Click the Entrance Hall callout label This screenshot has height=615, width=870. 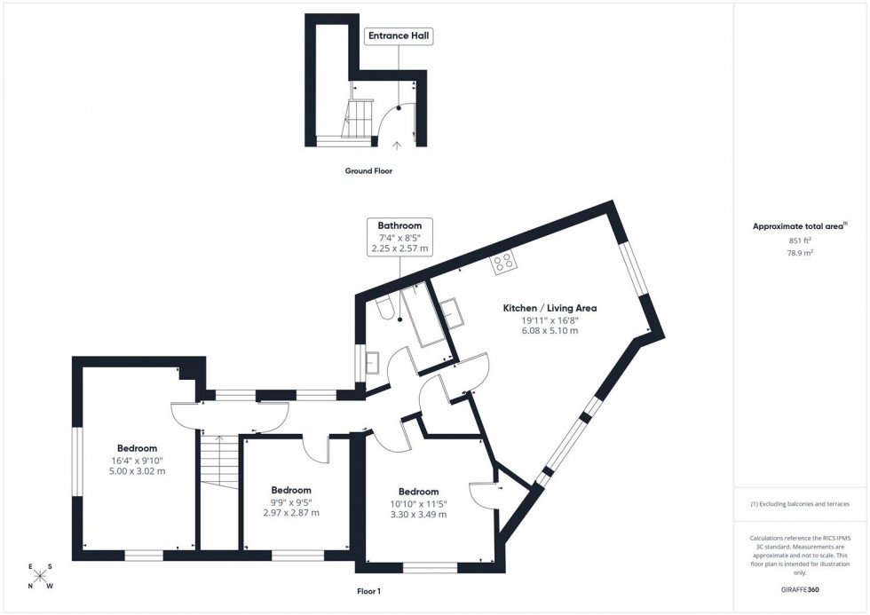(399, 36)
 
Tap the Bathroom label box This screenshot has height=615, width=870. (399, 237)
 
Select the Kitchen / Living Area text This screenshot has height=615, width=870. (550, 308)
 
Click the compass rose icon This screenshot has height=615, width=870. (40, 576)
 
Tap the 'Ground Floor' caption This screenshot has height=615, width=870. (368, 170)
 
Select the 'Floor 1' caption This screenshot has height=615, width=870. (368, 590)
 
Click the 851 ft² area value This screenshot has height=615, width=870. (800, 240)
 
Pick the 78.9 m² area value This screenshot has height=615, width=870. (800, 252)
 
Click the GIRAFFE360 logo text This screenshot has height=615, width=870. (800, 588)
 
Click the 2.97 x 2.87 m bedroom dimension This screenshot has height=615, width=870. (291, 513)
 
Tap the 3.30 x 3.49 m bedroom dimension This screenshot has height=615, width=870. (418, 515)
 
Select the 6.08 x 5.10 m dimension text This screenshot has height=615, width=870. (550, 331)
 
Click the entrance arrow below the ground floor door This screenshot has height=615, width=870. (396, 144)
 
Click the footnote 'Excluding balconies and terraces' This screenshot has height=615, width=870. (800, 503)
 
